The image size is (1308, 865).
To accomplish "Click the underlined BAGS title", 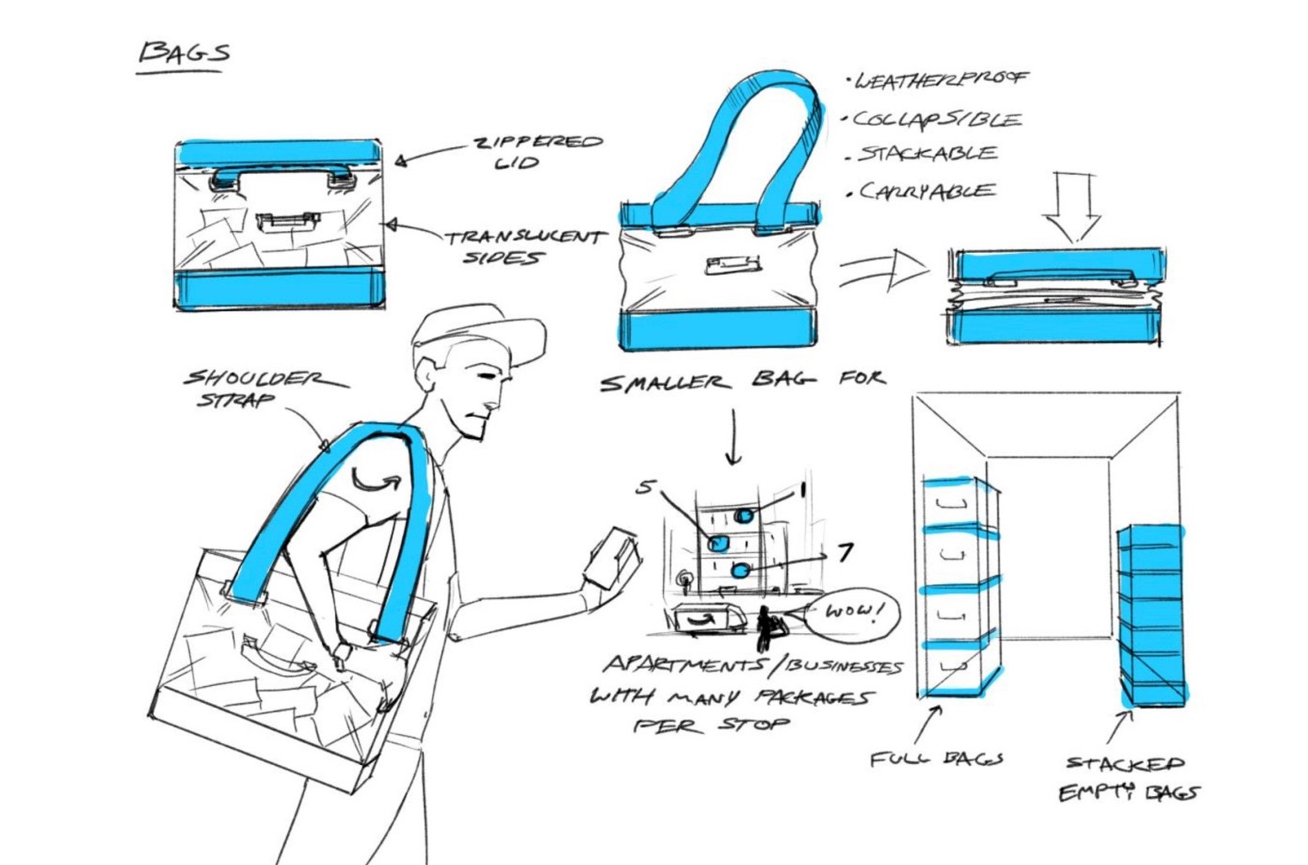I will pos(183,54).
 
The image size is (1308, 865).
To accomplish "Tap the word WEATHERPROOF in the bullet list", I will pos(940,80).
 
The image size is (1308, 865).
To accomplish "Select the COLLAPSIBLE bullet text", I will pos(937,119).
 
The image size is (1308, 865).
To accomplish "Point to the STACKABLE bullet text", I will pos(927,155).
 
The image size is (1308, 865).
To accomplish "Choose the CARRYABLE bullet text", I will pos(926,192).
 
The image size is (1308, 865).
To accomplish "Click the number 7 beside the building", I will pos(845,551).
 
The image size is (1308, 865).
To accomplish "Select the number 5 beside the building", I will pos(644,486).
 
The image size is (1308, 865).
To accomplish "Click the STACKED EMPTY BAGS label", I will pos(1128,778).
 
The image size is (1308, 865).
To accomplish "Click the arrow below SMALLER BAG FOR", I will pos(733,437).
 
